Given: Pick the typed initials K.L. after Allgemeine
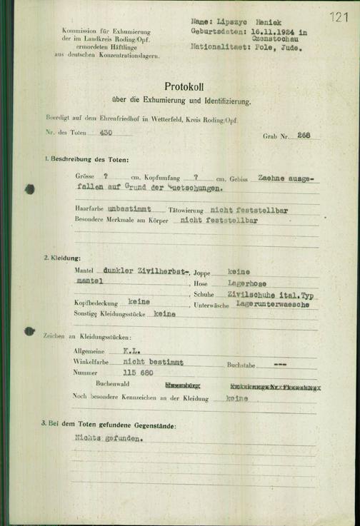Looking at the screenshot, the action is pos(130,351).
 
